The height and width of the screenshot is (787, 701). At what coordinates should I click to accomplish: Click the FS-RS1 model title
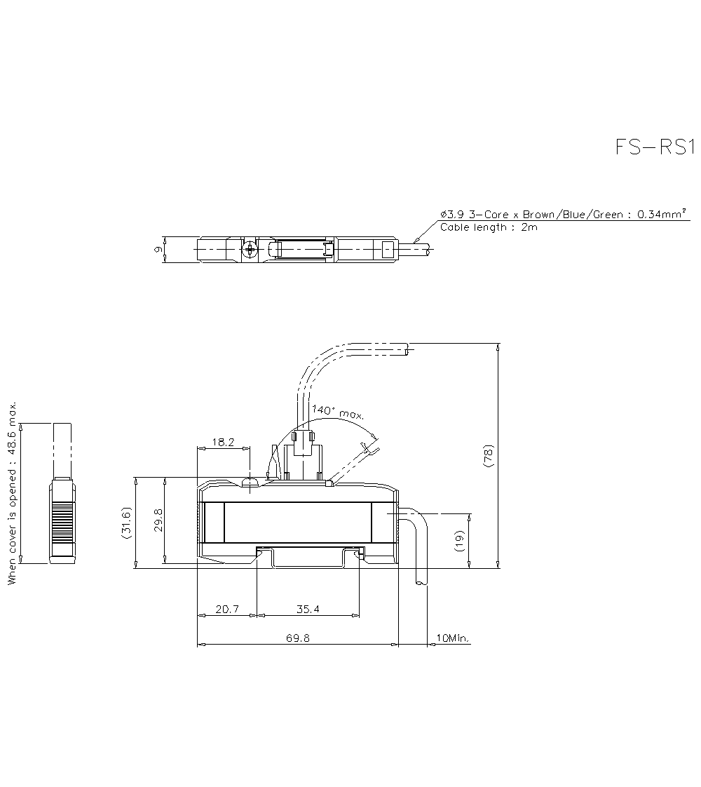(654, 147)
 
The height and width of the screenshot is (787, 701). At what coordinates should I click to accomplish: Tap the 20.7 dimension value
(227, 610)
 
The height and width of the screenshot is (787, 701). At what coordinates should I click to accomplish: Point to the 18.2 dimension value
(222, 443)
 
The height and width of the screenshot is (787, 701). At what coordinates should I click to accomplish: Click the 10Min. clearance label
(453, 638)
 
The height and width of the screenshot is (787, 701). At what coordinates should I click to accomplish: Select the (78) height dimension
(489, 457)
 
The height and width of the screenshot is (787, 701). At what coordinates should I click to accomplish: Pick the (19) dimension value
(460, 540)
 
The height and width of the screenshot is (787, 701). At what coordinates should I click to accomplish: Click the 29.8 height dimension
(159, 520)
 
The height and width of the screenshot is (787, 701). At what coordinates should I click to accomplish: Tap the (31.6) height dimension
(127, 523)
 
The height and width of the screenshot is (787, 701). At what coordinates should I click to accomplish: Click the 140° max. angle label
(338, 412)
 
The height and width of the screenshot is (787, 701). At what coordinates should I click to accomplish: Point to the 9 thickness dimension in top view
(158, 249)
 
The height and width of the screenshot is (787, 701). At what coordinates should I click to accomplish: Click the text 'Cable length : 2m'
(489, 227)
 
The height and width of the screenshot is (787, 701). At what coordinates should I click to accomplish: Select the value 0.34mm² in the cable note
(660, 215)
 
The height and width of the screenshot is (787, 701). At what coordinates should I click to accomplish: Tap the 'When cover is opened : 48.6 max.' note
(12, 494)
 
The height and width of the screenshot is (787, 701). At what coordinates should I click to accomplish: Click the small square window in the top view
(387, 249)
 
